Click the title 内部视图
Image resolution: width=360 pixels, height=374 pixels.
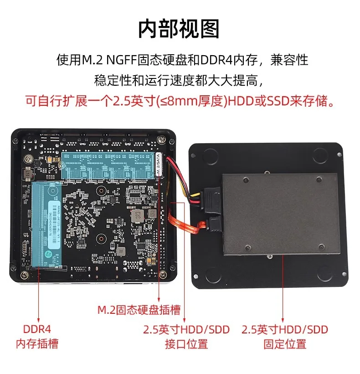(x=179, y=28)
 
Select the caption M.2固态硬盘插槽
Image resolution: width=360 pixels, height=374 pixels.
(x=139, y=310)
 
